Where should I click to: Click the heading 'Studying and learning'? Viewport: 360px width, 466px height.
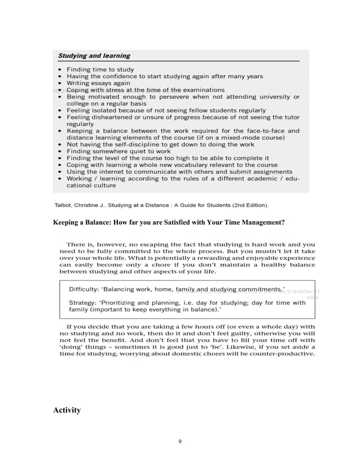pyautogui.click(x=95, y=56)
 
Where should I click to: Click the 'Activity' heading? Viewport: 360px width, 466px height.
pyautogui.click(x=67, y=410)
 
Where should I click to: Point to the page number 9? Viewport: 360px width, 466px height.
pyautogui.click(x=179, y=441)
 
